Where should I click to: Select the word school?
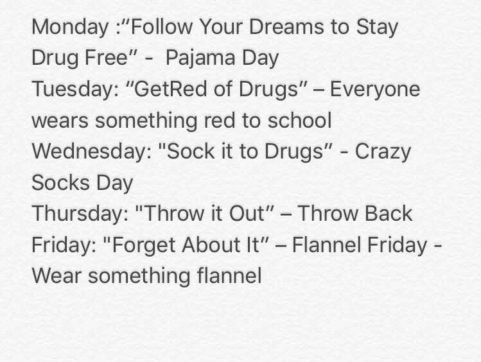(301, 120)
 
